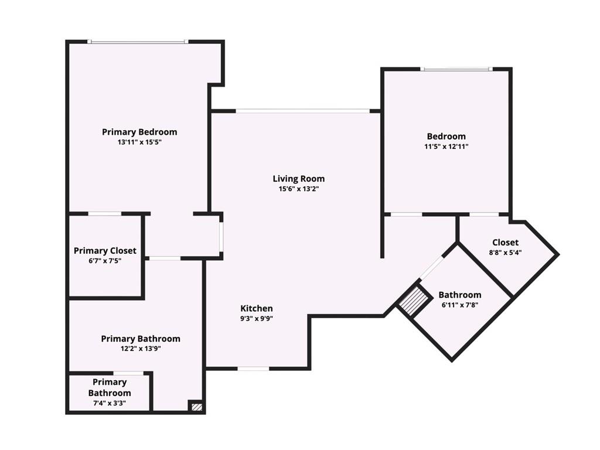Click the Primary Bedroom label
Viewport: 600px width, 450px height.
click(139, 132)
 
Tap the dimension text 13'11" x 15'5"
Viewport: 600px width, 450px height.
click(139, 142)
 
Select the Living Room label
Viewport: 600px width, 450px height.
click(299, 179)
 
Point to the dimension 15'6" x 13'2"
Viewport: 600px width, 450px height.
click(299, 189)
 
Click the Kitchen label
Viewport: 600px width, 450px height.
click(257, 308)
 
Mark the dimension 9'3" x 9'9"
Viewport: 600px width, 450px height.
click(257, 319)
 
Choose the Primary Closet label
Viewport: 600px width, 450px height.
click(105, 251)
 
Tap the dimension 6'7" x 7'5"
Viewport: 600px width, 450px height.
click(105, 261)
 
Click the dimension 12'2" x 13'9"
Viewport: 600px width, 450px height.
click(141, 349)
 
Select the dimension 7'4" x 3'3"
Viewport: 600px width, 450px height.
click(110, 403)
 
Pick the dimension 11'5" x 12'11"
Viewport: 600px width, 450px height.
click(446, 146)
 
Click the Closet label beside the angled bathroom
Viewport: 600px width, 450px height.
click(505, 242)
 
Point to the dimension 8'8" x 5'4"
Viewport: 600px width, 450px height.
click(505, 253)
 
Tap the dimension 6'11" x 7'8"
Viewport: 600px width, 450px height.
click(460, 305)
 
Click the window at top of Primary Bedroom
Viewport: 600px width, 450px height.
click(138, 42)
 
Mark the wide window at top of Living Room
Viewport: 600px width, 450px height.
click(302, 110)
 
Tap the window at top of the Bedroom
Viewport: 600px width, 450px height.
click(457, 69)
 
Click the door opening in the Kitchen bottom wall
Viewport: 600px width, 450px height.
click(253, 369)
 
